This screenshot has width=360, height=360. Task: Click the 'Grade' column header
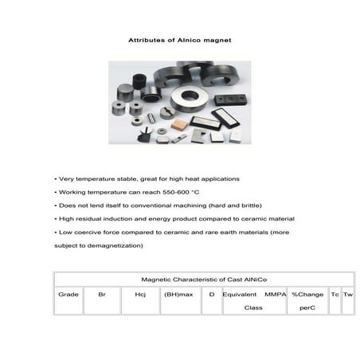68,295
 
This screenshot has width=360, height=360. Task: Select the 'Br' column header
102,295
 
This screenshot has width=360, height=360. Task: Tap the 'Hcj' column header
140,295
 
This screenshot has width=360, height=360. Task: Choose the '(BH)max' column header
178,295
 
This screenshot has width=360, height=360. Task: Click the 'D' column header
212,295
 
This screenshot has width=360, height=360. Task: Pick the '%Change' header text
307,295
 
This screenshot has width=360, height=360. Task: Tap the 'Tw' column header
348,295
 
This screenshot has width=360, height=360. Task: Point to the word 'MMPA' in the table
275,295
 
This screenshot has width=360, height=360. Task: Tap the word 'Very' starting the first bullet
67,178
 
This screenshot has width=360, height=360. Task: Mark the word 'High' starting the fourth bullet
67,218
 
